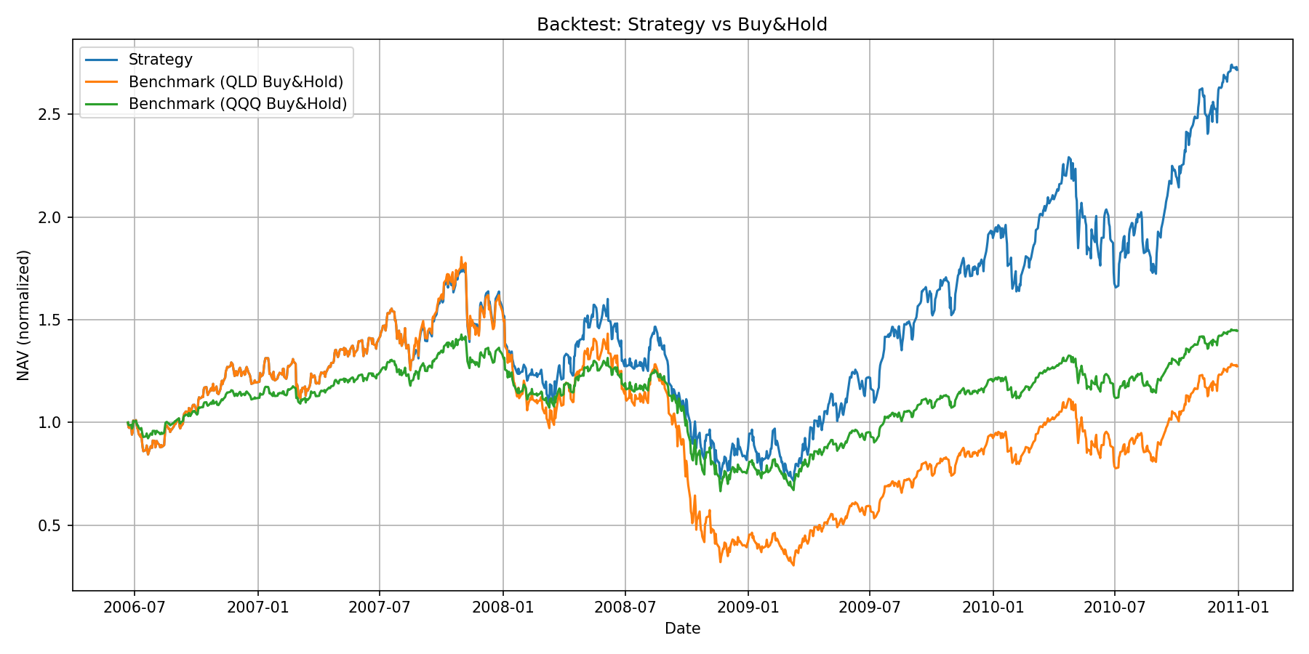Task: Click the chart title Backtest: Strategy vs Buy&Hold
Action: point(681,25)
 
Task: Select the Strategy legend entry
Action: point(160,60)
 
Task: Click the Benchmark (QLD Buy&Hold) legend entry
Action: point(236,81)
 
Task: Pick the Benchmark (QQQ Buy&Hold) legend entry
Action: point(237,104)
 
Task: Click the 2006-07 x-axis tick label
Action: point(134,607)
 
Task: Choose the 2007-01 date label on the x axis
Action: point(257,607)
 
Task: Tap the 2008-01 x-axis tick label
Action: point(503,607)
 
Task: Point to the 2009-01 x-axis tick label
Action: point(748,607)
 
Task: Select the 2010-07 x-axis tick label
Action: point(1115,607)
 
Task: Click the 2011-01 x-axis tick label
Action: point(1238,607)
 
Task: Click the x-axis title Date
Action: point(682,629)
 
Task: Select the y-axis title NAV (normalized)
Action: point(24,315)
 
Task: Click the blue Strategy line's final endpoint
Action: point(1238,69)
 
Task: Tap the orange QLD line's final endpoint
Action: point(1238,366)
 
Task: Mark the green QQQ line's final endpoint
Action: point(1238,331)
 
